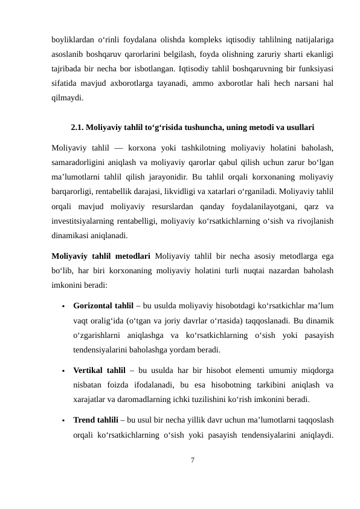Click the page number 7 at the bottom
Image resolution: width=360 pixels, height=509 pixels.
point(192,460)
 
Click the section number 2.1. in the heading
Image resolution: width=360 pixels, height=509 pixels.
point(78,128)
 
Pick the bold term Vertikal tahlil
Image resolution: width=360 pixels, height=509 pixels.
point(99,369)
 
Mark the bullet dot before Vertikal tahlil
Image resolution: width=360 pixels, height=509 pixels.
point(63,370)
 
